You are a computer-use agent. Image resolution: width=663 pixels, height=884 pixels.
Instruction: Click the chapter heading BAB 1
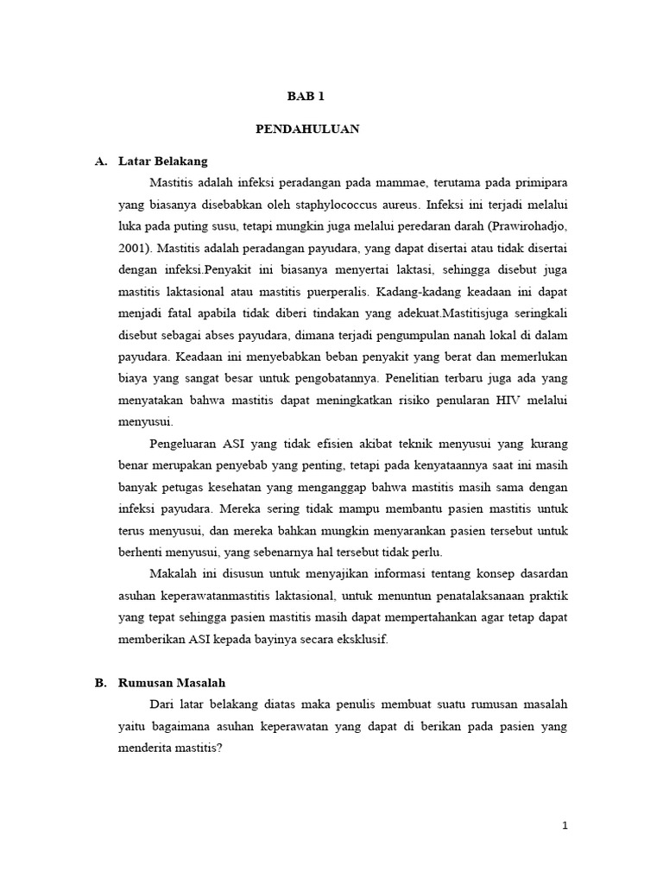click(307, 97)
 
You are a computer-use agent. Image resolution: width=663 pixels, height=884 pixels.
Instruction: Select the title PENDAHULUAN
click(307, 129)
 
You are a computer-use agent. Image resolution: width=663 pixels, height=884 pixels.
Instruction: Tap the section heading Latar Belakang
click(163, 161)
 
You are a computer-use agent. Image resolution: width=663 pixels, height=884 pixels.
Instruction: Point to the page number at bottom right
click(565, 826)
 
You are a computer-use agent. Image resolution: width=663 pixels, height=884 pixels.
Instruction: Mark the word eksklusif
click(363, 639)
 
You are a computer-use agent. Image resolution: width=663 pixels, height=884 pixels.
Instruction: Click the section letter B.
click(100, 682)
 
